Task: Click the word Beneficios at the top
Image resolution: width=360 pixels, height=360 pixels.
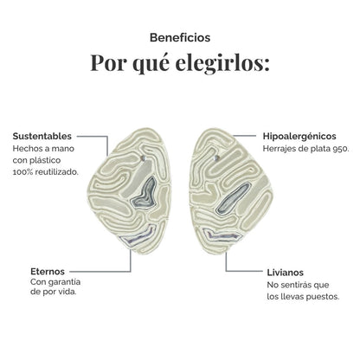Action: [180, 38]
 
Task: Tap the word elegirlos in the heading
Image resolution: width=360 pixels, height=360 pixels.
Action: [222, 62]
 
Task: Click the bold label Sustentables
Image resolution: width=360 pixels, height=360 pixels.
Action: [42, 136]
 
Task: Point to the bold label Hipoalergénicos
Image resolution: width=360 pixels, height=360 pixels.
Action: [299, 136]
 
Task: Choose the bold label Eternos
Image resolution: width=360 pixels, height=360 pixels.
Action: [48, 272]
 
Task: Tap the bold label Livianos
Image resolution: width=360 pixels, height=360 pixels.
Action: [285, 273]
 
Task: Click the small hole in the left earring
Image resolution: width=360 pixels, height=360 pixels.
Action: [145, 158]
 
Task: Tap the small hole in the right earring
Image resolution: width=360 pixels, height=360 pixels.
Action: [216, 157]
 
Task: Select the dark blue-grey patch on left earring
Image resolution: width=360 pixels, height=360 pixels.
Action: [145, 194]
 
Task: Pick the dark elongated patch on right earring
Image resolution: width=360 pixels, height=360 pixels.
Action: [231, 199]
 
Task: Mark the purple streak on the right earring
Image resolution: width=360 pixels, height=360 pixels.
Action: [222, 235]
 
